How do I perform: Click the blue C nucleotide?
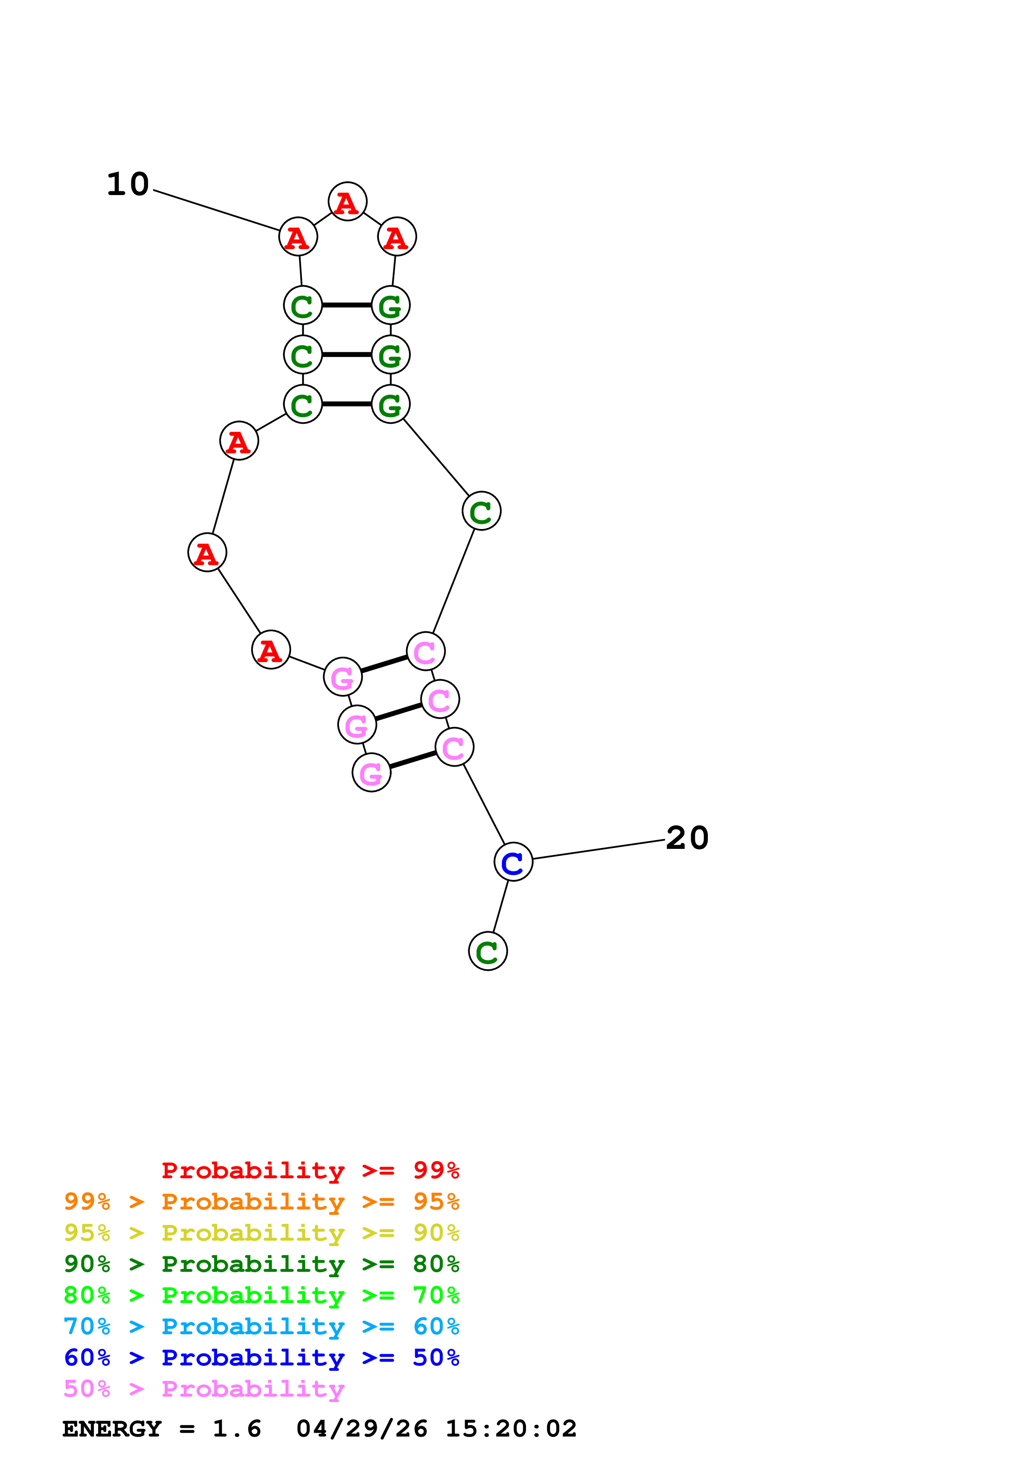513,862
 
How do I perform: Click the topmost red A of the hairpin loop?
347,202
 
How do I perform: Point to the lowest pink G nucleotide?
371,773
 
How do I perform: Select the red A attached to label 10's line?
298,237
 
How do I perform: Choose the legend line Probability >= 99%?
310,1170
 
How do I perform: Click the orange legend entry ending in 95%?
261,1202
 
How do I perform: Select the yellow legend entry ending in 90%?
261,1233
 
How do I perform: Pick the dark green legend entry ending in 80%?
261,1264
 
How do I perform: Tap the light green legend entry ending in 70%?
261,1295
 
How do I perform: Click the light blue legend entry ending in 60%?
261,1326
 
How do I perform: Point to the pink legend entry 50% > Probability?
204,1388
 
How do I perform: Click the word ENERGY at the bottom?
112,1429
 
